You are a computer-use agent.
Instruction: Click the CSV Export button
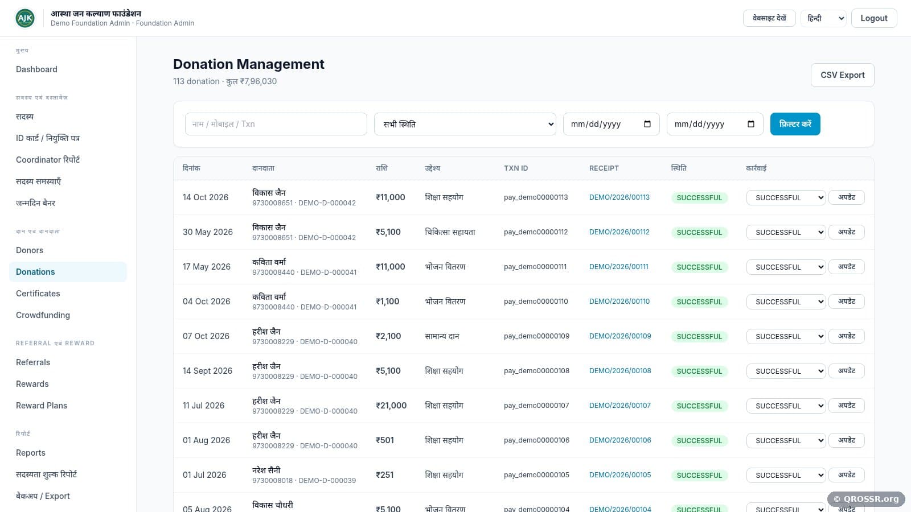pos(842,75)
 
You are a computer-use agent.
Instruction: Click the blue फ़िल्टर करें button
pos(795,124)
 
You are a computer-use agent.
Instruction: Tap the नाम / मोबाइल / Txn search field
pos(276,124)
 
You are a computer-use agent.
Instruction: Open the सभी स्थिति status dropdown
pos(465,124)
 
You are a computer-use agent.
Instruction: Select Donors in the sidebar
pos(30,250)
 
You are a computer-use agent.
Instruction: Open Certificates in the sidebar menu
pos(38,294)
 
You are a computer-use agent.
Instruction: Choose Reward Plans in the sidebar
pos(42,406)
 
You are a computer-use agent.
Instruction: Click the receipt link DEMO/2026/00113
pos(619,197)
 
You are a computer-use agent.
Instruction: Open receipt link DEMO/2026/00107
pos(620,405)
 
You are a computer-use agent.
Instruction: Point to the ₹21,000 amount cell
pos(391,406)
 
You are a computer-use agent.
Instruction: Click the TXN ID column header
pos(516,168)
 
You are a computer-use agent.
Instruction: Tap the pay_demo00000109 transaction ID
pos(536,336)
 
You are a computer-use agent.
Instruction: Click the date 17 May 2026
pos(207,267)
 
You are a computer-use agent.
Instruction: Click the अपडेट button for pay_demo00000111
pos(846,267)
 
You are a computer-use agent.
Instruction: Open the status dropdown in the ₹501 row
pos(786,440)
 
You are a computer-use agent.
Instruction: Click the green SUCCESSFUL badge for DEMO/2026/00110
pos(699,302)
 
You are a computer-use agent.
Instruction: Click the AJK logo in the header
pos(25,18)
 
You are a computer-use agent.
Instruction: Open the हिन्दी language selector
pos(823,18)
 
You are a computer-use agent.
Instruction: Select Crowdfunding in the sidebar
pos(43,315)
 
